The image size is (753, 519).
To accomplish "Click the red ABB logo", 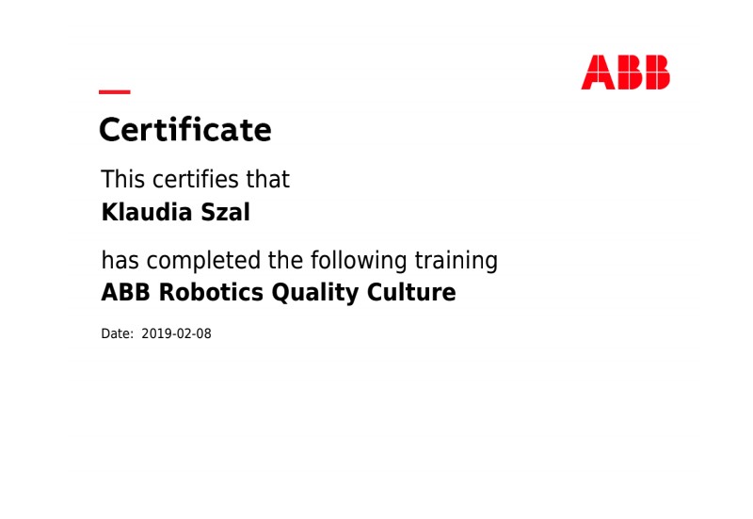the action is (625, 73).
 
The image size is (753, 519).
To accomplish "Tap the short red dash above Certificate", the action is (115, 91).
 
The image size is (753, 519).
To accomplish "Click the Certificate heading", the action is (185, 130).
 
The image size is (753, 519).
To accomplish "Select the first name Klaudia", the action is (147, 212).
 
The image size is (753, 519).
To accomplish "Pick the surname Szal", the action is (225, 212).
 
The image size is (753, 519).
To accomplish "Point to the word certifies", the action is (197, 179).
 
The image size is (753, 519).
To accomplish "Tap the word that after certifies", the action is (268, 179).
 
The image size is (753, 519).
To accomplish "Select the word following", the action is (359, 261).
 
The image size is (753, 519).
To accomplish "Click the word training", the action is (457, 261).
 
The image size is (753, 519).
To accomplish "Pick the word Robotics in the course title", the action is (211, 292).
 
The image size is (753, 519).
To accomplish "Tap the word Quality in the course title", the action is (315, 293).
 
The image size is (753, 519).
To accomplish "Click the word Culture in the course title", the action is (411, 292).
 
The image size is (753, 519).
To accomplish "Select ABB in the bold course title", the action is (125, 292).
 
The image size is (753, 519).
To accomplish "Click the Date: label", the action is (117, 333).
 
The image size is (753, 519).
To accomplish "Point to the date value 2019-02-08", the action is (176, 333).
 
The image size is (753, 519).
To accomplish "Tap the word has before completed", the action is (120, 261).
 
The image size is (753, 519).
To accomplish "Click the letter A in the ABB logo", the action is (598, 73).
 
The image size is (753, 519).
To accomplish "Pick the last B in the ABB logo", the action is (656, 73).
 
